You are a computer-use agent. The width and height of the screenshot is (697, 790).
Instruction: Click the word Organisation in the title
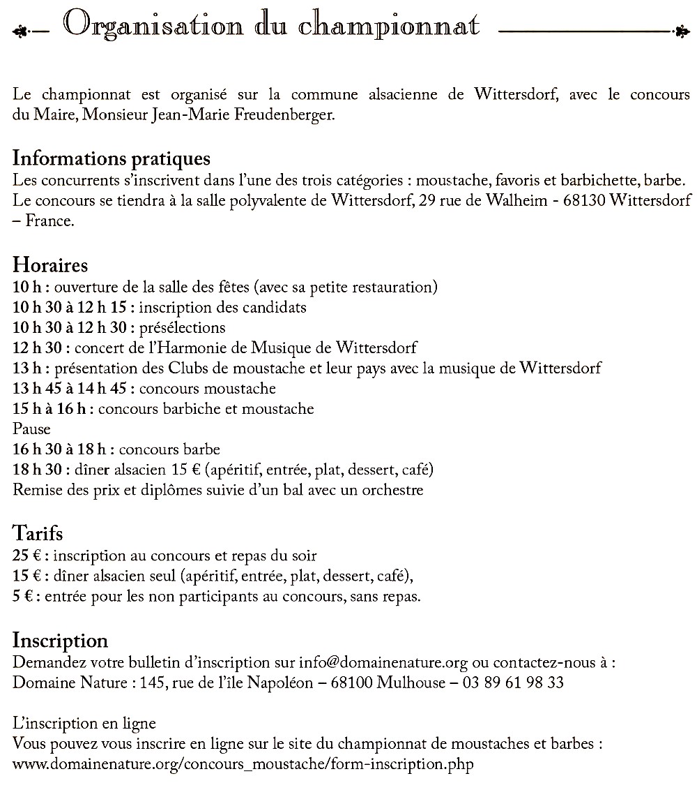pyautogui.click(x=154, y=26)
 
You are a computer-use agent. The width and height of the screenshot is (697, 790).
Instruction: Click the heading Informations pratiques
pyautogui.click(x=112, y=158)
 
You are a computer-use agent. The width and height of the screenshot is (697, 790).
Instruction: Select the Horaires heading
pyautogui.click(x=50, y=265)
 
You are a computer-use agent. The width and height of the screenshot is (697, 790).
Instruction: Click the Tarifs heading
pyautogui.click(x=38, y=534)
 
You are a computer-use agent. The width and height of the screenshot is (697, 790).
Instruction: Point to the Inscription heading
pyautogui.click(x=61, y=641)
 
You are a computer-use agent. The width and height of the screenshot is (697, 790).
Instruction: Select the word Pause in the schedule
pyautogui.click(x=31, y=428)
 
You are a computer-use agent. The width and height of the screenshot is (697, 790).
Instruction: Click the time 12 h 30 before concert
pyautogui.click(x=39, y=348)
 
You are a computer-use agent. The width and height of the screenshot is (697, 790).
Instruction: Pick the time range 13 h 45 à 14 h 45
pyautogui.click(x=70, y=388)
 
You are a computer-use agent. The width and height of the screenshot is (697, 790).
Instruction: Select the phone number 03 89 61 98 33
pyautogui.click(x=514, y=683)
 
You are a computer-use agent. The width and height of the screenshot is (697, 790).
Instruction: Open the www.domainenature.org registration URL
pyautogui.click(x=243, y=763)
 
